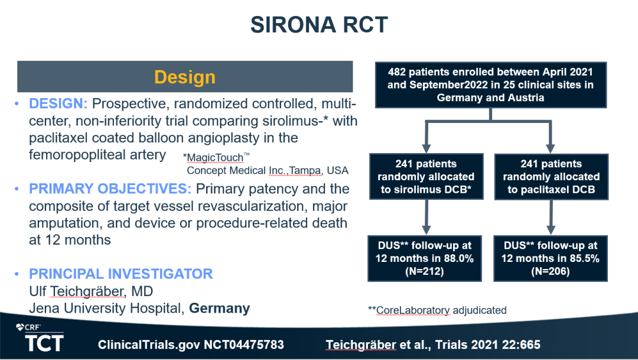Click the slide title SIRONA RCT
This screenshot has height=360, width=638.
[319, 24]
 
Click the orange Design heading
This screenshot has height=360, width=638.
[185, 77]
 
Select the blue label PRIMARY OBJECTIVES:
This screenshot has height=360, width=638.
[110, 189]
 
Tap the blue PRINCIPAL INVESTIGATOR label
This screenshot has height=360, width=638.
[121, 274]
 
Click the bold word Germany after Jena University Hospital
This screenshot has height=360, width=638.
[219, 309]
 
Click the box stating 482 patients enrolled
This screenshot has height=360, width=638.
[490, 85]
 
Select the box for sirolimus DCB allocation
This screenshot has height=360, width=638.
[426, 177]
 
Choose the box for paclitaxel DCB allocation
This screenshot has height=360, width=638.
[551, 177]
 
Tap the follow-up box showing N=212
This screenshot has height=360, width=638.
[426, 258]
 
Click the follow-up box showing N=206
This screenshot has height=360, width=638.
[551, 258]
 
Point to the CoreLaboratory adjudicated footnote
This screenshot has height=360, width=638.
[437, 310]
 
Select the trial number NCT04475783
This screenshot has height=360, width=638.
[191, 344]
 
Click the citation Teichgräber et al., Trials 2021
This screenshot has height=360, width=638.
[432, 344]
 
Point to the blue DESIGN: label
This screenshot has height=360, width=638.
[58, 104]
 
